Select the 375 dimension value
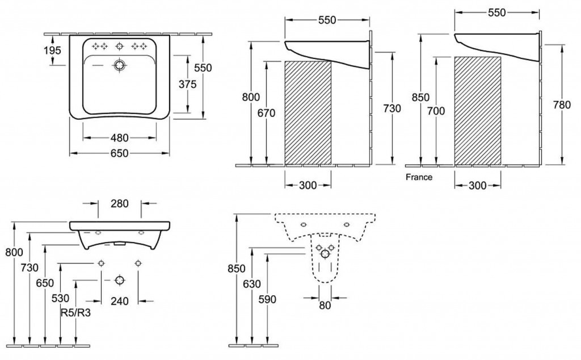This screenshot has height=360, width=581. click(187, 85)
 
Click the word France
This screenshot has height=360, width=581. click(419, 177)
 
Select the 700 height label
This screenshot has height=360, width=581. click(436, 111)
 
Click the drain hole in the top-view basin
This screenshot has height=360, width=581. click(119, 66)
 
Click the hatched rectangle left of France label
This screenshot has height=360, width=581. click(308, 112)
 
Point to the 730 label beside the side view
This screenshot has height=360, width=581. click(391, 108)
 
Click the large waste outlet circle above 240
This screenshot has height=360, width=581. click(119, 280)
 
